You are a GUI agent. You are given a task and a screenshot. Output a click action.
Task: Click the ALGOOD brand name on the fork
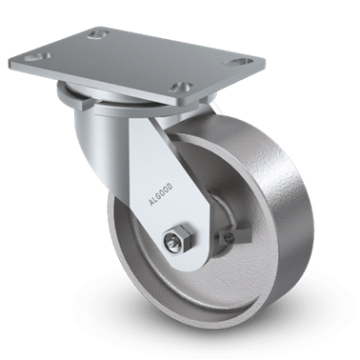(161, 194)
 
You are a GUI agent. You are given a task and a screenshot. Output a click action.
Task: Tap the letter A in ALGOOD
(151, 203)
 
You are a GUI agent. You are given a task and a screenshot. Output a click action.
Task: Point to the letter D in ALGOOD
(170, 187)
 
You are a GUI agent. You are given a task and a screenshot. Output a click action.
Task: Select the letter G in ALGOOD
(158, 197)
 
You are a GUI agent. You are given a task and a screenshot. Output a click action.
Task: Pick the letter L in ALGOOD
(155, 200)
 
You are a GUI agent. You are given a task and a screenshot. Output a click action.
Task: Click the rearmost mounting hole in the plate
(98, 34)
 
